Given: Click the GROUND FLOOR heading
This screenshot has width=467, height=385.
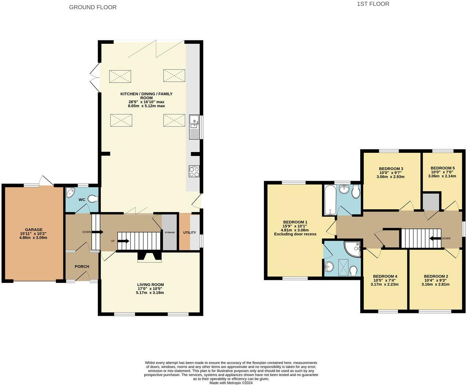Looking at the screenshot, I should [93, 7].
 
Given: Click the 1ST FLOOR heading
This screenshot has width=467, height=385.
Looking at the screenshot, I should [373, 4].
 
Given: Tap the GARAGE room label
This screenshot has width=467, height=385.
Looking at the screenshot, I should [33, 230].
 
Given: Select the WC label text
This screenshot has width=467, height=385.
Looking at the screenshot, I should [82, 200].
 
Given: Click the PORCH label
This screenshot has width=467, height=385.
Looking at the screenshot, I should [82, 267].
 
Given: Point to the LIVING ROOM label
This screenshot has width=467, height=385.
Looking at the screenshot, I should [150, 285].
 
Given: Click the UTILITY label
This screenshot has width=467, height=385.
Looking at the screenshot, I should [190, 233].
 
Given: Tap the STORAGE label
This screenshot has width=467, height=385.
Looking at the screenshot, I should [169, 233].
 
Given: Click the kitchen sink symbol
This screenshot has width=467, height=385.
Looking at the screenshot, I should [194, 127].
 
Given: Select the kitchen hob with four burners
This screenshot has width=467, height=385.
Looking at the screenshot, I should [194, 172].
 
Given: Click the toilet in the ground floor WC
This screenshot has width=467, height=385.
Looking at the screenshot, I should [93, 199].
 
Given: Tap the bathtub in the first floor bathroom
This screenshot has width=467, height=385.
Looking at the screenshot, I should [329, 200].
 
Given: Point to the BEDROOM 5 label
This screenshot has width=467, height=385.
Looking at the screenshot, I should [442, 168].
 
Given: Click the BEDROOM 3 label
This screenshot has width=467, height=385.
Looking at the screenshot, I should [391, 169].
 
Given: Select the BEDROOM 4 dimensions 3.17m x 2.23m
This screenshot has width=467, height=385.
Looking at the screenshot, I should [384, 284].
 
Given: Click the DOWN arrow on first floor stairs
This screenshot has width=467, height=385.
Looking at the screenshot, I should [435, 238].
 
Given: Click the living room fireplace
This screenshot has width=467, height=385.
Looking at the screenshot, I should [149, 257].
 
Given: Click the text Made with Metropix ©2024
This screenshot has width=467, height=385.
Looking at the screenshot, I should [231, 382].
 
